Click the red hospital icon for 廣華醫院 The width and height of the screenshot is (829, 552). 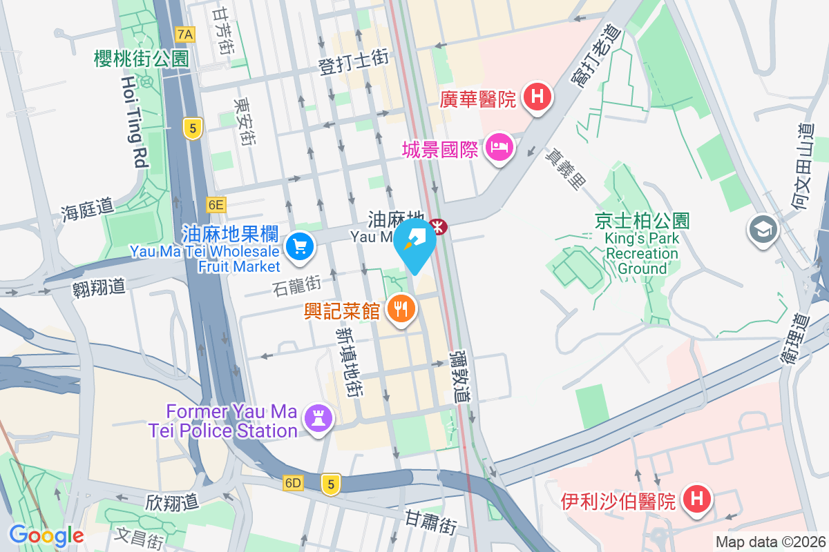point(537,97)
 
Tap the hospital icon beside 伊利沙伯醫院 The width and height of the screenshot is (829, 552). point(696,499)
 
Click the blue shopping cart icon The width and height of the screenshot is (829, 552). point(300,246)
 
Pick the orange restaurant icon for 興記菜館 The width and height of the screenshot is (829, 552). point(400,308)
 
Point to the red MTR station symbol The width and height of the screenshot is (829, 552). point(438,226)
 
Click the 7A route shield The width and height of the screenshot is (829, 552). point(185,34)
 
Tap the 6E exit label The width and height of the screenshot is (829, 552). point(216,204)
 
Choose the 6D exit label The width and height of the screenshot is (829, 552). point(293,484)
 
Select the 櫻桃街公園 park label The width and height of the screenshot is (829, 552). point(141,59)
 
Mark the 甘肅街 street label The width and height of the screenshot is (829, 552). point(430,522)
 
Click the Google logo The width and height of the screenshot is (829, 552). point(46,535)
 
